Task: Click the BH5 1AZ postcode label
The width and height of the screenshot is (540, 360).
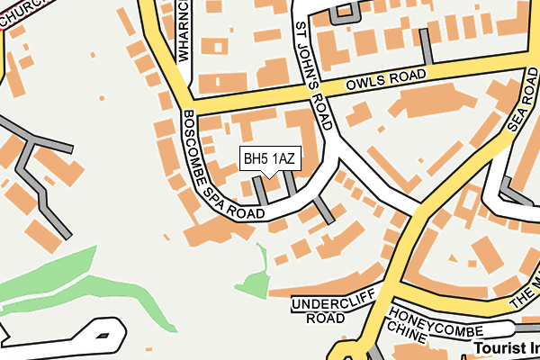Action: [269, 159]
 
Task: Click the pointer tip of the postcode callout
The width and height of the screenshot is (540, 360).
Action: [269, 176]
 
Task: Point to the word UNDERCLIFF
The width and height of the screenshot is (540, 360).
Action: [325, 303]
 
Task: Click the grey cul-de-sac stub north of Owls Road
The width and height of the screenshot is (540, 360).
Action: [426, 50]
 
